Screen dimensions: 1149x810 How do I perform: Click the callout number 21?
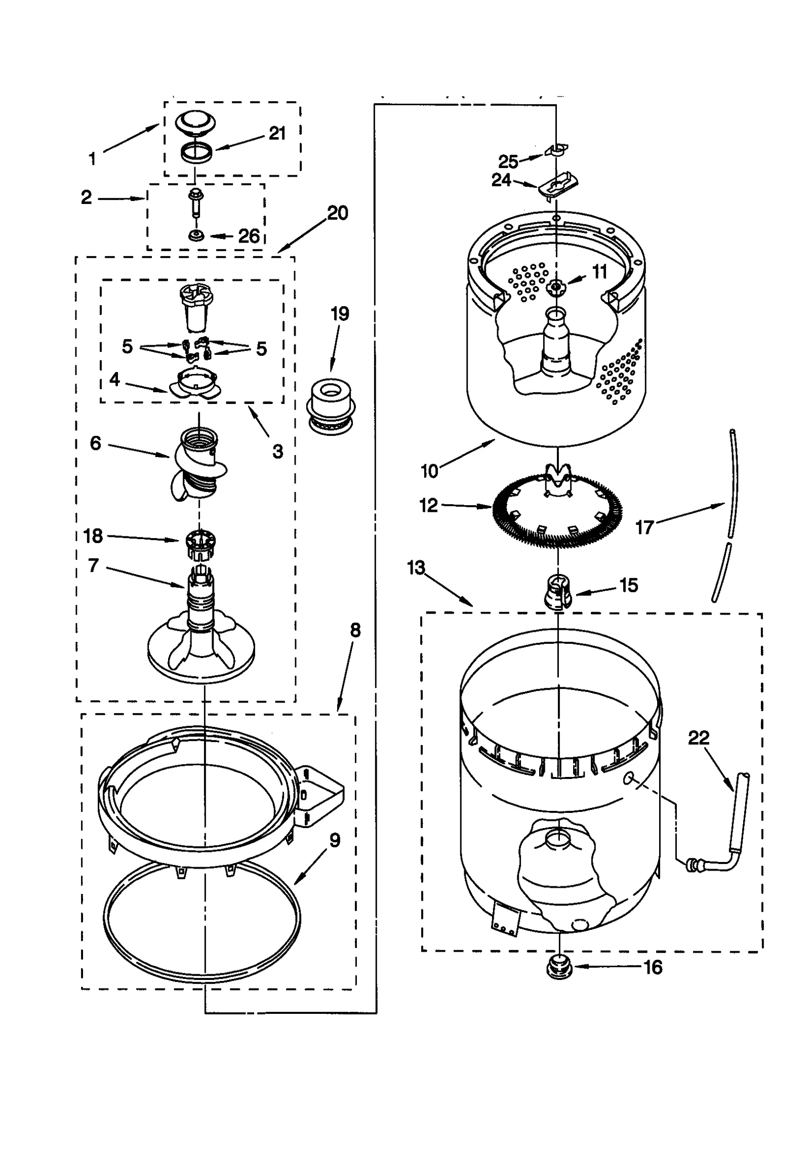click(277, 133)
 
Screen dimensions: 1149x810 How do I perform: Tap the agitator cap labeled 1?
click(195, 123)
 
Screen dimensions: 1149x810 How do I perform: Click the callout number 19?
click(340, 314)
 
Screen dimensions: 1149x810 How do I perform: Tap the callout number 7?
click(93, 565)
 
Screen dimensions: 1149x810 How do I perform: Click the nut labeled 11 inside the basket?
click(556, 287)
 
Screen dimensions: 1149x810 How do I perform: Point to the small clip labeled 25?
click(556, 149)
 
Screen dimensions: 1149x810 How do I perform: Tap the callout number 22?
click(699, 737)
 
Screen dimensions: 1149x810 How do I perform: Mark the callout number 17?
click(645, 527)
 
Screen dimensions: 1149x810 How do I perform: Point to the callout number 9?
click(335, 840)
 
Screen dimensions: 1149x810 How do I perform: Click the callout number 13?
click(416, 567)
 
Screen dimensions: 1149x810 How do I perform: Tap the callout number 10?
click(429, 471)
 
